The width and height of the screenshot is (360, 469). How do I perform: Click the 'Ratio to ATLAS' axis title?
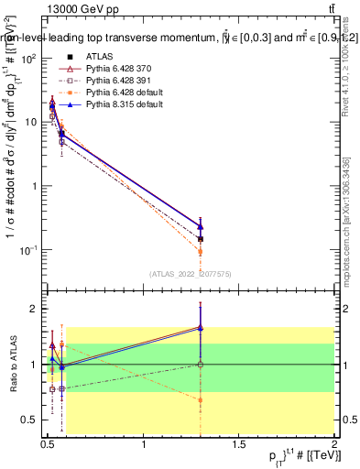[11, 365]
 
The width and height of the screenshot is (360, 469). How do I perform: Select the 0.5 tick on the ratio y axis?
[30, 420]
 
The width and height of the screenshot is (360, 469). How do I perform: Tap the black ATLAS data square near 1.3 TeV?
[201, 239]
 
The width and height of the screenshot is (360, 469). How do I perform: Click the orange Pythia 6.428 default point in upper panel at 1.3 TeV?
[201, 251]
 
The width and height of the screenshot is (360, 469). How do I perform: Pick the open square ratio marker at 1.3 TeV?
[201, 365]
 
